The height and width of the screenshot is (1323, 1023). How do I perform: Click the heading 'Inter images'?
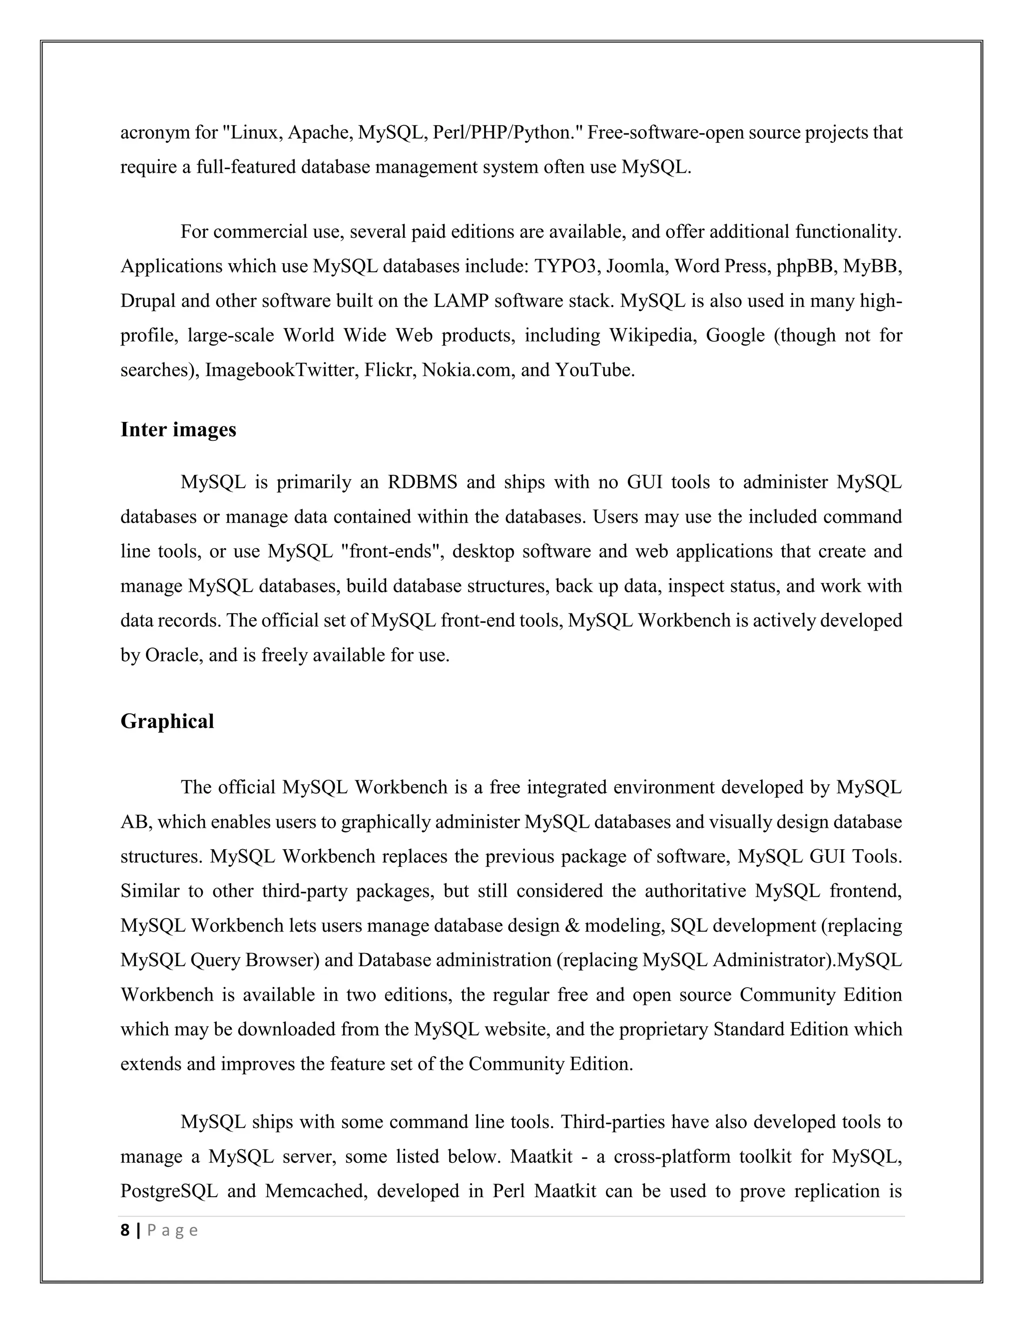[x=178, y=429]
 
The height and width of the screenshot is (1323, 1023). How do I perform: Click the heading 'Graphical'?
[x=167, y=721]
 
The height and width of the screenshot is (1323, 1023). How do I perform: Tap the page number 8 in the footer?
[x=125, y=1230]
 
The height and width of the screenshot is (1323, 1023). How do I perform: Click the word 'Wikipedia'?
[x=651, y=335]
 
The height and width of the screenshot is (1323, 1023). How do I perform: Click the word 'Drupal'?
[x=148, y=301]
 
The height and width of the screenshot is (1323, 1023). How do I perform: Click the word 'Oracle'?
[x=171, y=655]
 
